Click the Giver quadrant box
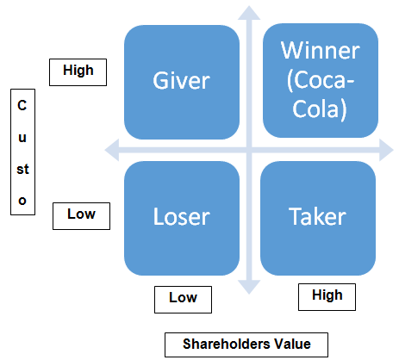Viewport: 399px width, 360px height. [182, 82]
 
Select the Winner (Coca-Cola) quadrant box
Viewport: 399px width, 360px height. [321, 80]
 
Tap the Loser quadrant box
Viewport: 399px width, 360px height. [182, 218]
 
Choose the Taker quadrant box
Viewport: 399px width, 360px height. [318, 218]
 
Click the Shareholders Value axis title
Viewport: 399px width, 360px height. [246, 344]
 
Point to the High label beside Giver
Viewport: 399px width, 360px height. [78, 72]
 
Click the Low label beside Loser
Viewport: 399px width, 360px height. [81, 216]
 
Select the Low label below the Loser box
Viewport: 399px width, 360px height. [183, 300]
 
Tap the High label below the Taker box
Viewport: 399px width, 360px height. [327, 297]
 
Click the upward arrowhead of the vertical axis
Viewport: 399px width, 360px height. [249, 13]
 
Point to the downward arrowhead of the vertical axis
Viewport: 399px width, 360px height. [249, 287]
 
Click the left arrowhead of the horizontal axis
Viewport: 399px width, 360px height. [112, 150]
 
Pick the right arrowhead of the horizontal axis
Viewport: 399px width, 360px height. [386, 150]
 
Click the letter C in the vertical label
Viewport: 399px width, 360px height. [22, 105]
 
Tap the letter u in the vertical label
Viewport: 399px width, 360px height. [22, 138]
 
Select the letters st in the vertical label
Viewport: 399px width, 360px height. [22, 169]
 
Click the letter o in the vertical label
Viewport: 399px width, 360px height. [22, 201]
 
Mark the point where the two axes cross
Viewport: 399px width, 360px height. [249, 150]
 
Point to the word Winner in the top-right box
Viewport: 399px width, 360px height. [321, 51]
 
